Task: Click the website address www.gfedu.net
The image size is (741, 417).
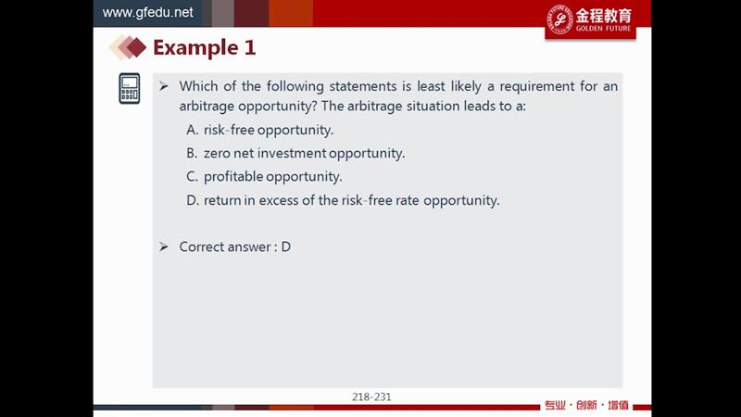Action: [147, 12]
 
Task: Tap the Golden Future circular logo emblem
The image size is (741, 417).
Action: [560, 19]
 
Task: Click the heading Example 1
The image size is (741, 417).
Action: [204, 48]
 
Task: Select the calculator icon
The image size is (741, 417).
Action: [130, 88]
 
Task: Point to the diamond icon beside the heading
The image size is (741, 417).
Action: [128, 48]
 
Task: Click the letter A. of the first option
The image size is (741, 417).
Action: [193, 130]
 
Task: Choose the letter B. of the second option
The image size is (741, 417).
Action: [192, 153]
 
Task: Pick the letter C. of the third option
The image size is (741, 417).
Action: [192, 176]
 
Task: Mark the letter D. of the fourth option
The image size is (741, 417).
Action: [193, 200]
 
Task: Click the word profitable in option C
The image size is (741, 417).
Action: [233, 176]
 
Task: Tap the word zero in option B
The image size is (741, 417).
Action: [217, 154]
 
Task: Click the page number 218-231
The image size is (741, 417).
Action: [371, 397]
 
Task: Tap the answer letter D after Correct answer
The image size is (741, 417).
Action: [286, 246]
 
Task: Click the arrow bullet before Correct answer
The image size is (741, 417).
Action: [164, 246]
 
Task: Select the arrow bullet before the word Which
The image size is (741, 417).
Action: [164, 86]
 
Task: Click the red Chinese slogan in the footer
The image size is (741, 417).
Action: [586, 405]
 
